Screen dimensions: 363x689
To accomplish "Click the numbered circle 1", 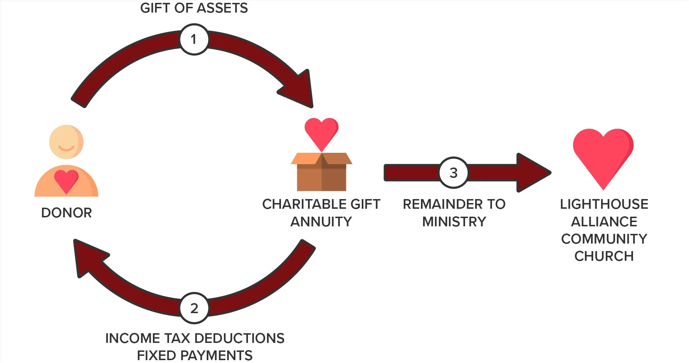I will click(194, 39).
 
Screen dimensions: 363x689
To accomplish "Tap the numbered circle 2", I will click(194, 308).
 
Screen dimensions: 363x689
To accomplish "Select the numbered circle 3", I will click(454, 173).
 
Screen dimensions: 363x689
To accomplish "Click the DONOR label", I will click(66, 213).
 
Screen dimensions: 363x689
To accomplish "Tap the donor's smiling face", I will click(66, 142).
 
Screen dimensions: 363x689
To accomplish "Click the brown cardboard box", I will click(322, 174).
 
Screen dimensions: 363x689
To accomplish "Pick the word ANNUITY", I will click(321, 222).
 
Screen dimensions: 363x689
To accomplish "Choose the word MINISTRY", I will click(454, 222).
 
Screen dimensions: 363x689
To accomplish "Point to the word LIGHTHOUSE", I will click(604, 204).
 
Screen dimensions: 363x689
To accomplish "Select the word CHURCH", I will click(604, 256).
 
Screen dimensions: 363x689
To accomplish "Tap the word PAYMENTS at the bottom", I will click(216, 355).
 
